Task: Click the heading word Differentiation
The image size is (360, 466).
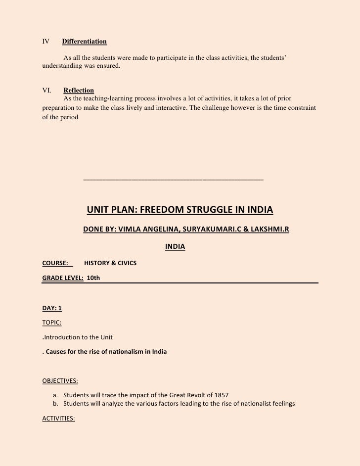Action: click(85, 41)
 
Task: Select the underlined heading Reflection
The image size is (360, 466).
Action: click(79, 91)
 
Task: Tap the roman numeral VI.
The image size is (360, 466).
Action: click(47, 91)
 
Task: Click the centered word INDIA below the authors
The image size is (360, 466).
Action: click(175, 246)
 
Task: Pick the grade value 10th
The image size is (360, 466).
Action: click(93, 279)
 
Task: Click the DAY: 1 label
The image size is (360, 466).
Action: click(52, 308)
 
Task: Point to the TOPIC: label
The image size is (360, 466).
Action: click(52, 323)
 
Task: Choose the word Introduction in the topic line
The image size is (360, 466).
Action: click(61, 337)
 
